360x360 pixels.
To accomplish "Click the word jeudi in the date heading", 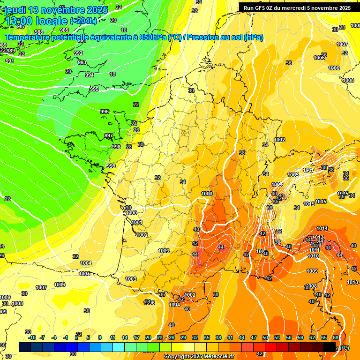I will click(x=15, y=10).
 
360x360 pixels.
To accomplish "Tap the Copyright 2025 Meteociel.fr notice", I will click(x=199, y=356).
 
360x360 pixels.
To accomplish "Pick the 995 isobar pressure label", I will click(x=94, y=89).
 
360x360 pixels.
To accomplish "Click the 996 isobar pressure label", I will click(x=105, y=112).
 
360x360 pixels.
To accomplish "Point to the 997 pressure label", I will click(x=109, y=135).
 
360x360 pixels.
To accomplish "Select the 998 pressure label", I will click(x=116, y=147).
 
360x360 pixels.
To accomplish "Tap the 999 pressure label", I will click(x=111, y=166).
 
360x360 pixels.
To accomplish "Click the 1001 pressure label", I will click(x=137, y=222).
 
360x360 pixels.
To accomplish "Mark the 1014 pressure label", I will click(x=322, y=228).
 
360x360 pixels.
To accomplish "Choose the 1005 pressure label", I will click(x=84, y=274).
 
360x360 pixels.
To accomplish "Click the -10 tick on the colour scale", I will click(x=32, y=337).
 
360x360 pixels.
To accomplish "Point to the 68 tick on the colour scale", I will click(x=336, y=337).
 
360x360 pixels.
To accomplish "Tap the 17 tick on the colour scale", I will click(x=136, y=337).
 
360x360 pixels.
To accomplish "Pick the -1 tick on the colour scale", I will click(x=66, y=337).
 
